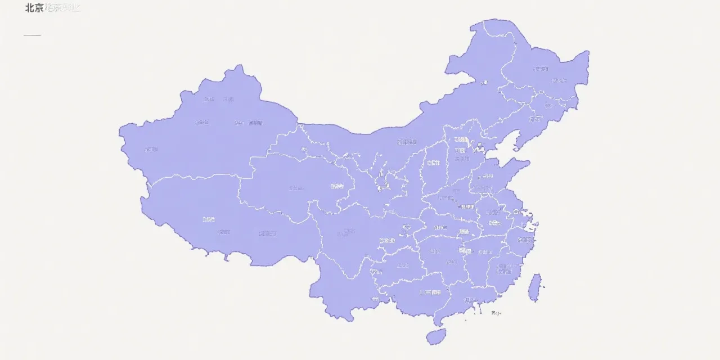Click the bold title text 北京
pyautogui.click(x=34, y=8)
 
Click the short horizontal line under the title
pyautogui.click(x=32, y=35)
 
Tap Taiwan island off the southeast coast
pyautogui.click(x=535, y=287)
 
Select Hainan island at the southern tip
pyautogui.click(x=436, y=336)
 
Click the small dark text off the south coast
pyautogui.click(x=496, y=313)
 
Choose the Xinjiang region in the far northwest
pyautogui.click(x=208, y=135)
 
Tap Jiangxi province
pyautogui.click(x=478, y=259)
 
